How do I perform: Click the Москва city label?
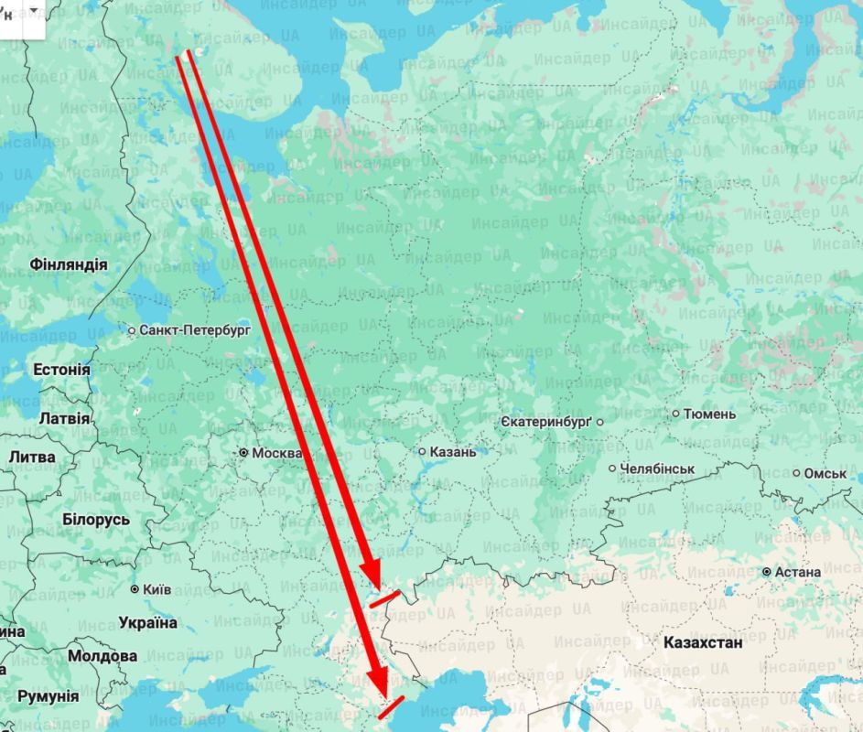coord(277,453)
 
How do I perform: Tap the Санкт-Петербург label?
coord(195,329)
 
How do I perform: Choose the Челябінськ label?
coord(657,468)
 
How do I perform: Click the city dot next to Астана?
coord(767,572)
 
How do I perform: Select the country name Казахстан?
coord(703,642)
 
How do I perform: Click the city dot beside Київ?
coord(135,589)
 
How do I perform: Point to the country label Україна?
coord(147,623)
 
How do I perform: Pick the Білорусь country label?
coord(96,520)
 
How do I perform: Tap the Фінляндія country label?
coord(69,264)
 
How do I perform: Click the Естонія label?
coord(61,370)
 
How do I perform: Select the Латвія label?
coord(65,418)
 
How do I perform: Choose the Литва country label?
coord(32,457)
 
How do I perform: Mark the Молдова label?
coord(102,656)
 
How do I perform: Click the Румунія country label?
coord(48,696)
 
